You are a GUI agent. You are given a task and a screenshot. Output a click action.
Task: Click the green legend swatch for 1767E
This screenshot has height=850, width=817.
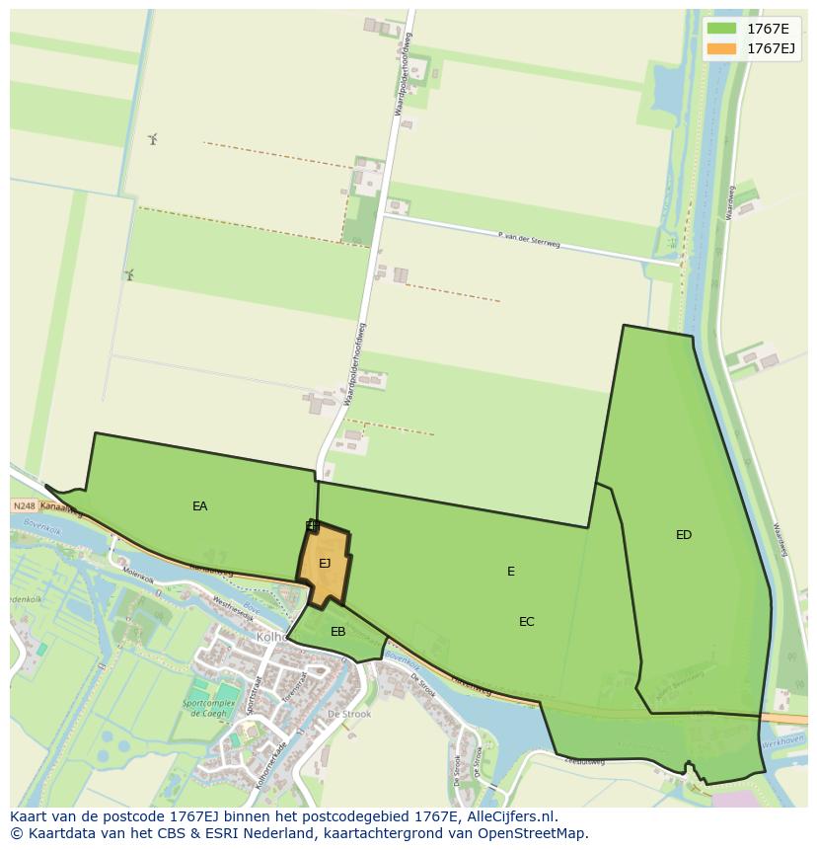721,28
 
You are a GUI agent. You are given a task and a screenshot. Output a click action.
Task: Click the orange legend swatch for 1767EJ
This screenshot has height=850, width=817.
721,47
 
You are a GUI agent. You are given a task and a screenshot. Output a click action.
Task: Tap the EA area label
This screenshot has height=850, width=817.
200,506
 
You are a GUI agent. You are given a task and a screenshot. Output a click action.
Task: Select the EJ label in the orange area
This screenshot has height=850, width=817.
325,564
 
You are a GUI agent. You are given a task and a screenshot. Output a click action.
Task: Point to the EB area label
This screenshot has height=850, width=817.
337,632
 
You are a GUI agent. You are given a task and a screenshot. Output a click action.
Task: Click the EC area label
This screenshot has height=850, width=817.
527,622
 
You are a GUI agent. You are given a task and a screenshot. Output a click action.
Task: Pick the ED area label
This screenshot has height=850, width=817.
684,535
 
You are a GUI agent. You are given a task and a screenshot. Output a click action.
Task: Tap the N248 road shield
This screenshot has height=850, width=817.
24,505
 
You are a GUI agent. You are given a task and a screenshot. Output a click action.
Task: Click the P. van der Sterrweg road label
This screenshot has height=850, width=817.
530,240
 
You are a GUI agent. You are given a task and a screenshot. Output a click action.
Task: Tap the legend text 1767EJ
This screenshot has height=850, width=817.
772,47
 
